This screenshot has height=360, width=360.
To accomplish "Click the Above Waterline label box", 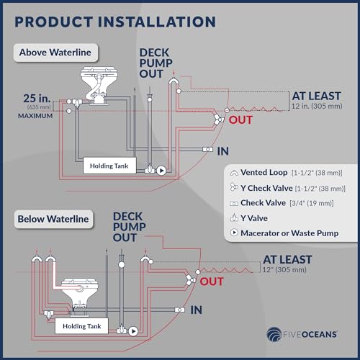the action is click(55, 53).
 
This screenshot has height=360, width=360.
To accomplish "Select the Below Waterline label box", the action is click(53, 219).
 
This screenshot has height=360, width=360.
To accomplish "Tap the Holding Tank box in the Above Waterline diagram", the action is click(109, 166).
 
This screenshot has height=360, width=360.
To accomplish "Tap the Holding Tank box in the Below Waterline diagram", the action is click(81, 326).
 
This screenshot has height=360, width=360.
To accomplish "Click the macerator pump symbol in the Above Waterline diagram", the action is click(161, 171).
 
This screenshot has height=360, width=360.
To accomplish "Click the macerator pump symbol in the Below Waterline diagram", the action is click(133, 331).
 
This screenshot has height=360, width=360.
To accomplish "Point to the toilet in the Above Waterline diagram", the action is click(99, 86).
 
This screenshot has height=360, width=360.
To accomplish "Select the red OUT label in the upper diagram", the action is click(240, 120).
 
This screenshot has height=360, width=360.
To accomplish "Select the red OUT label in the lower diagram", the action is click(212, 282).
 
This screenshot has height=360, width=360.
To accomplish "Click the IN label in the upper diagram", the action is click(223, 151).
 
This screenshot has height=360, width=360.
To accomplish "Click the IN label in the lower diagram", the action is click(197, 310).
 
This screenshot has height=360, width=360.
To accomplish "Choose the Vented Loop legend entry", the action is click(286, 173).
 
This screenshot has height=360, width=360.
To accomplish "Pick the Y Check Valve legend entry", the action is click(287, 188).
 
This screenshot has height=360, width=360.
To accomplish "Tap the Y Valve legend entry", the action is click(249, 218).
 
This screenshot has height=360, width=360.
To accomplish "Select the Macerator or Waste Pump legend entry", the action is click(284, 233).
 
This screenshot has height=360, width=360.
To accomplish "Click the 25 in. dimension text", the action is click(37, 98).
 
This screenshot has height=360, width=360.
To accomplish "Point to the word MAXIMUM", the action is click(35, 116).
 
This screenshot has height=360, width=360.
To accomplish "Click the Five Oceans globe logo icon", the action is click(274, 334).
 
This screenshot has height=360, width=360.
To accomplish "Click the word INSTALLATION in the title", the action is click(157, 22).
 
